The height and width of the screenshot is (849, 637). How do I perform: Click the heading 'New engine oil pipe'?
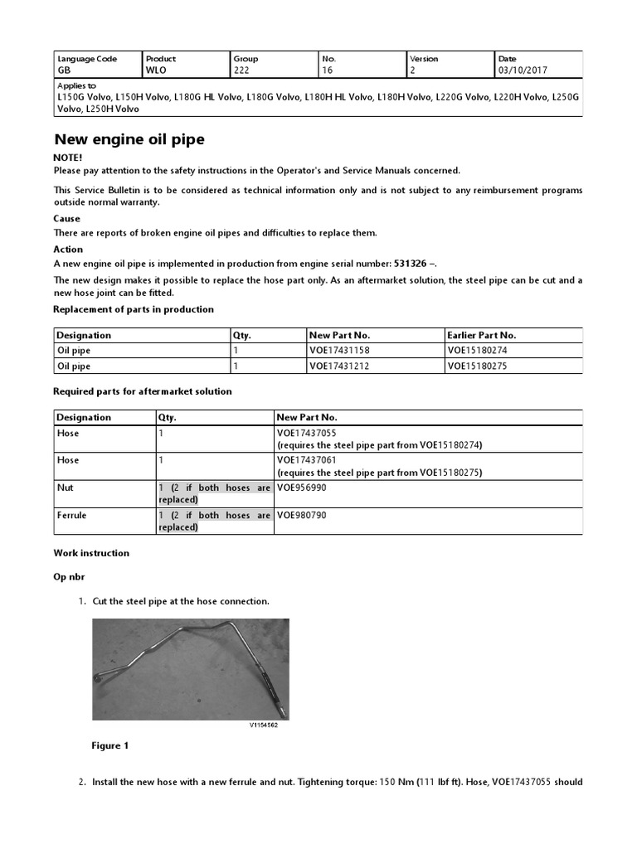point(129,139)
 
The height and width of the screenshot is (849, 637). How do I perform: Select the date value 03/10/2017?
point(522,70)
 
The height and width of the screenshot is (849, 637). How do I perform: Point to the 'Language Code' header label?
point(87,59)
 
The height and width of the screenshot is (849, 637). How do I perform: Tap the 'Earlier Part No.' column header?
point(481,335)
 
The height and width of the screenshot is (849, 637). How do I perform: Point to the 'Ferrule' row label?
point(71,515)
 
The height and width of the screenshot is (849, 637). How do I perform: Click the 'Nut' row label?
point(65,488)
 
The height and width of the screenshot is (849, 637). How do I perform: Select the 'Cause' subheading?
point(67,219)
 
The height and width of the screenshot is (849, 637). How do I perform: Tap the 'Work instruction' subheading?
point(91,552)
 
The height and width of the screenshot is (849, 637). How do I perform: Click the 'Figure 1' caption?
point(109,745)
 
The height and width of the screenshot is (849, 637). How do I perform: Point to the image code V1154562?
point(264,724)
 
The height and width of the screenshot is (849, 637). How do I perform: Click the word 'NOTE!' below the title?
point(68,158)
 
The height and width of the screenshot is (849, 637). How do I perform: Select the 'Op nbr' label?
point(71,575)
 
